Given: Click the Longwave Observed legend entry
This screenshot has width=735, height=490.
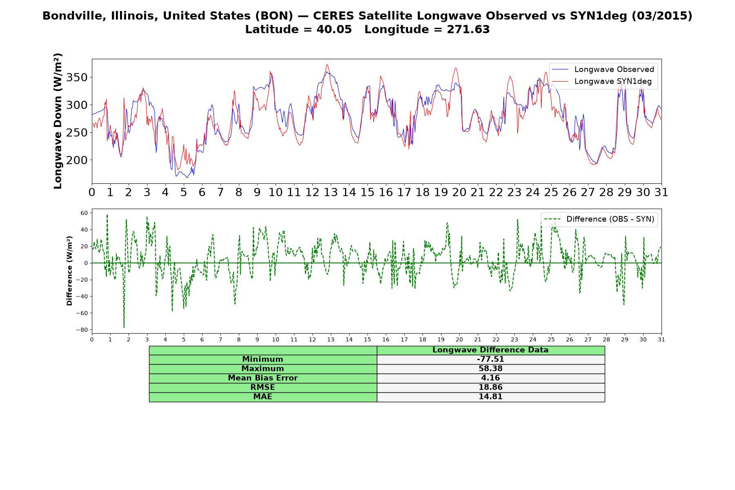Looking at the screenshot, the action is point(603,69).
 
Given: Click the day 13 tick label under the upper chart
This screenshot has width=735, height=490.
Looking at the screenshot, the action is point(330,192).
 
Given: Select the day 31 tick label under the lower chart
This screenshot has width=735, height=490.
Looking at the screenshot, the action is point(661,339).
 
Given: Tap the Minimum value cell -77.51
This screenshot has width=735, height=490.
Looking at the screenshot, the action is point(490,359).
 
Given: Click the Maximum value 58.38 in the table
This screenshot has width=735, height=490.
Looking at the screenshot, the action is point(490,369).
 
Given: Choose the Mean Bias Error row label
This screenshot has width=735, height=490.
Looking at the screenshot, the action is point(263,378).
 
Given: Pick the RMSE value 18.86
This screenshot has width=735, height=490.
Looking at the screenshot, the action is point(490,388).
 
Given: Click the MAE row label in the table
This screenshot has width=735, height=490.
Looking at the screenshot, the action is point(263,397).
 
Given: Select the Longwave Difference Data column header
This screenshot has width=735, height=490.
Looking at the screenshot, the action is point(490,350).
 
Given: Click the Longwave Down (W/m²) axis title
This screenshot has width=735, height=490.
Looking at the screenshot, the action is point(58,121).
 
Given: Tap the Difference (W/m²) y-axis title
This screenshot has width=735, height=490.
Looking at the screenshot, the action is point(69,271).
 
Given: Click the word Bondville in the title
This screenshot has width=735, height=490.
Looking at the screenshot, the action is point(68,16).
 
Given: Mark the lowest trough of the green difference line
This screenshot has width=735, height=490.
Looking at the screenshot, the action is point(124,327).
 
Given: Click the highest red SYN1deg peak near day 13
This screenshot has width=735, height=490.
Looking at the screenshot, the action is point(327,65).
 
